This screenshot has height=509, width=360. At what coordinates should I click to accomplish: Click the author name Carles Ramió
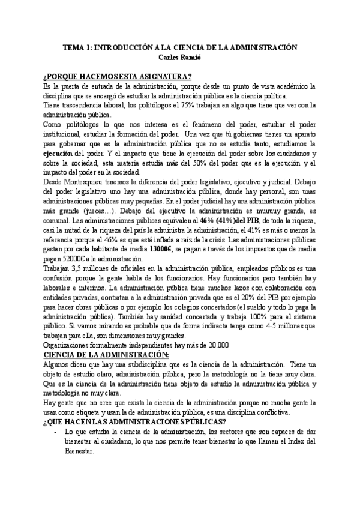[x=179, y=57]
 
